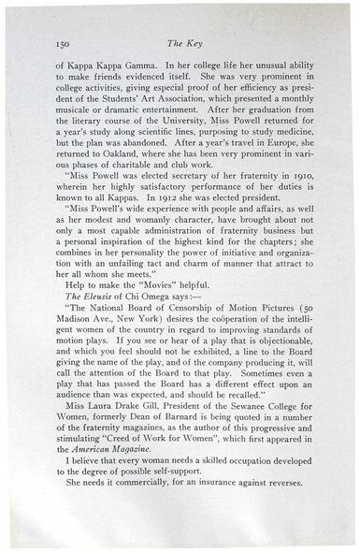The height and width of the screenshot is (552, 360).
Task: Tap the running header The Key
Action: [x=180, y=43]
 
